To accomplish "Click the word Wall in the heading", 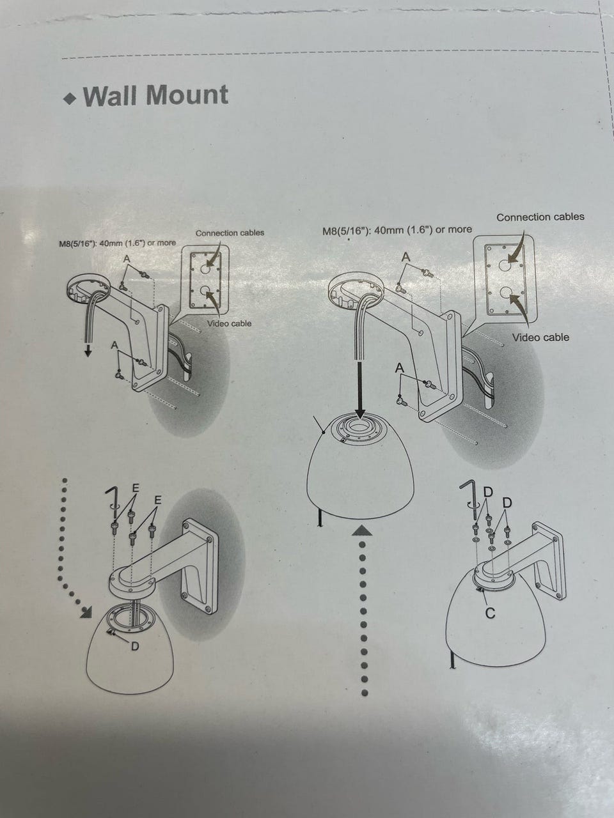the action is tap(111, 95).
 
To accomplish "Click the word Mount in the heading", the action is tap(187, 95).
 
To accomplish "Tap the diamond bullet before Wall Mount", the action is tap(69, 99).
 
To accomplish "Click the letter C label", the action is tap(490, 613).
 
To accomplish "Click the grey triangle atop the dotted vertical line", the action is tap(361, 530).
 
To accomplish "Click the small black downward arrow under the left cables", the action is tap(88, 351).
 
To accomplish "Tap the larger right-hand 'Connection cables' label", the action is tap(540, 217).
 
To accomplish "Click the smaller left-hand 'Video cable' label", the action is tap(229, 323).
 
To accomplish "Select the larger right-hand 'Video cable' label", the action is tap(540, 337).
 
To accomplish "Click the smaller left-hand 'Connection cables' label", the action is tap(230, 233).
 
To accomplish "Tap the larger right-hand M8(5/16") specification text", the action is tap(397, 230).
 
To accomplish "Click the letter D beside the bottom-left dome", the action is tap(134, 646).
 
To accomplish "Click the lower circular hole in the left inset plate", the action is tap(205, 290).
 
